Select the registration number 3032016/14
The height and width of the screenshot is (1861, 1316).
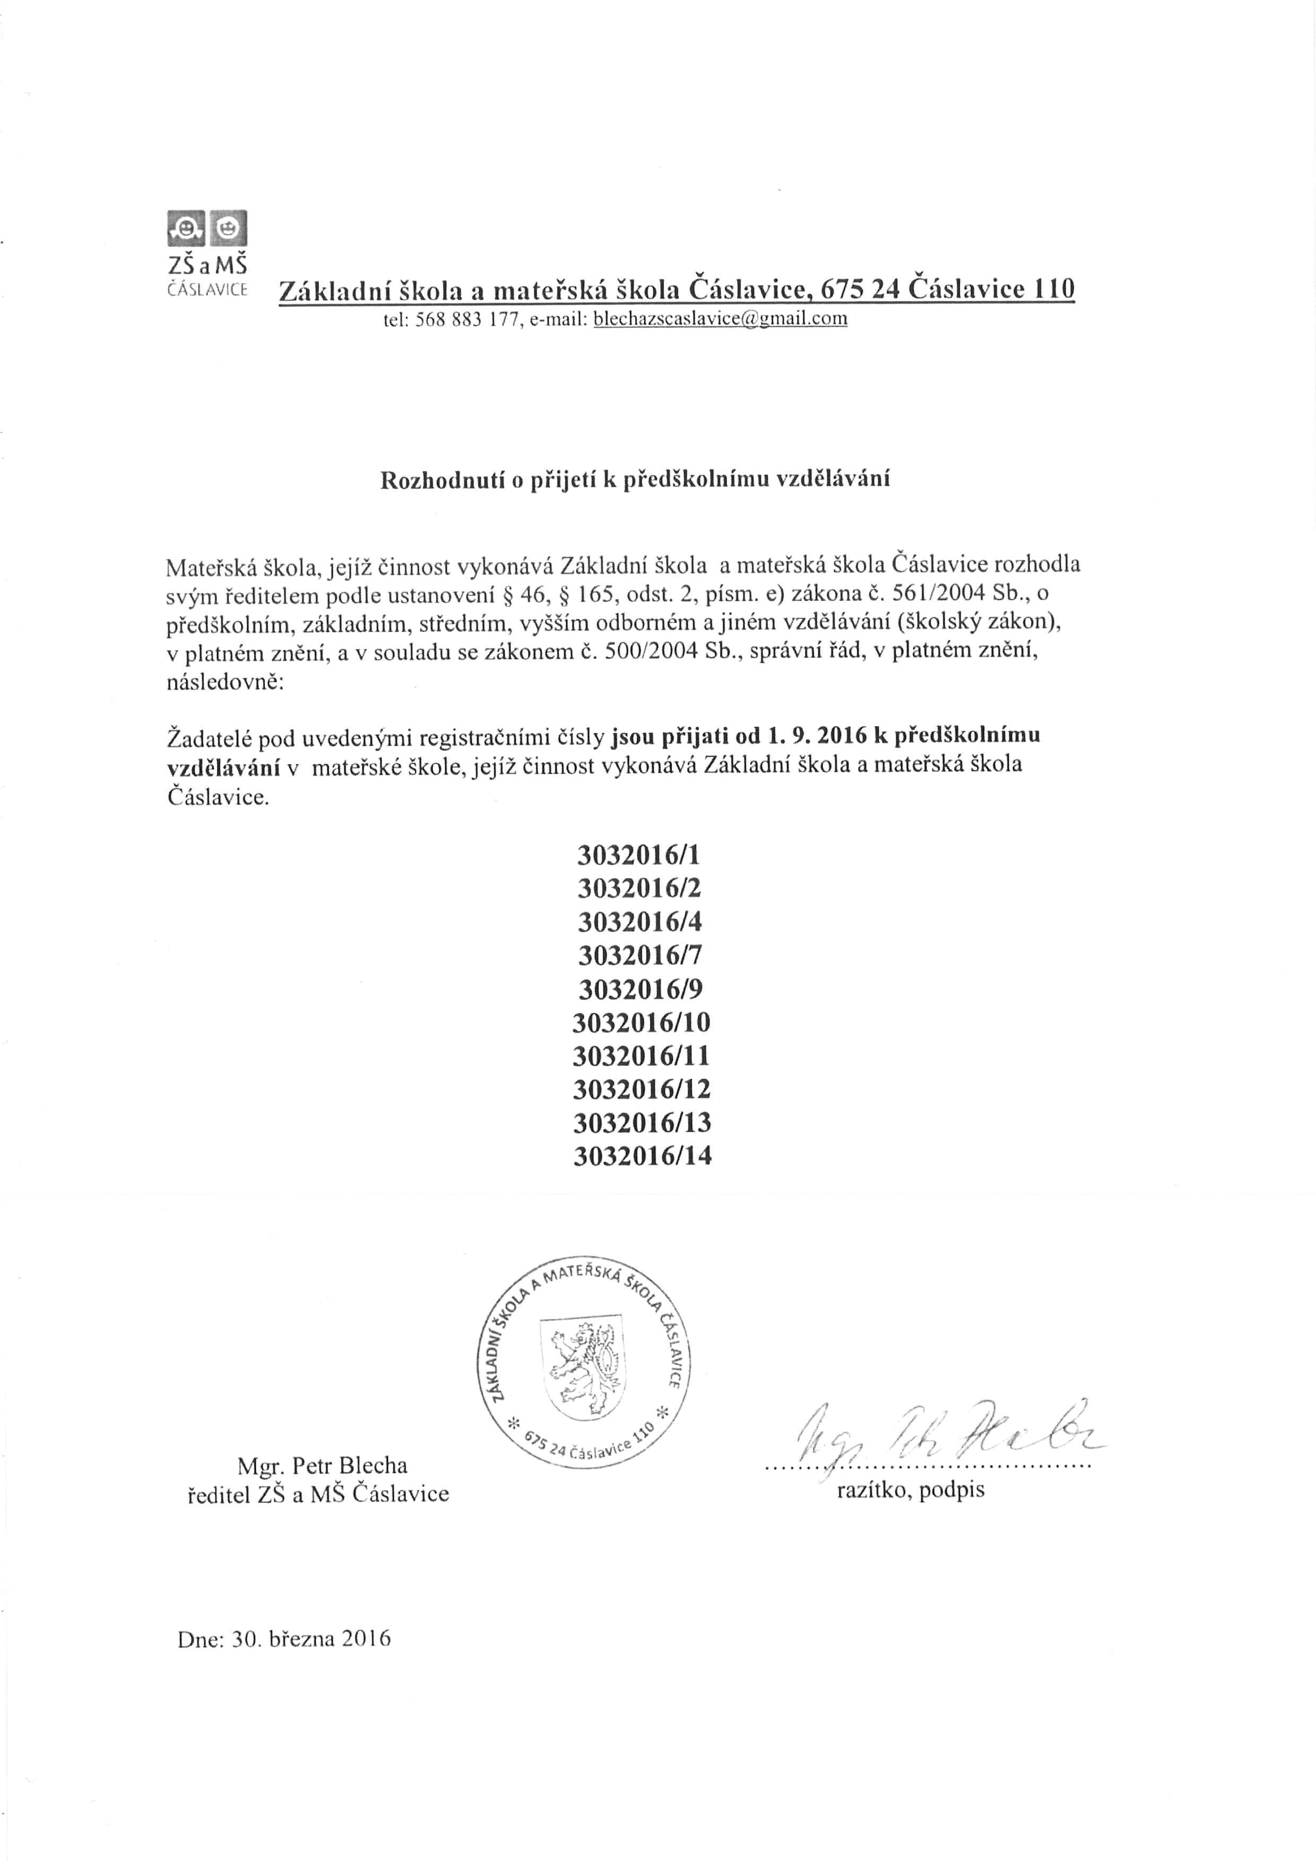coord(642,1156)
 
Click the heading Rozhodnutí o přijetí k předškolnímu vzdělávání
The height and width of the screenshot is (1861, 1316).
coord(635,479)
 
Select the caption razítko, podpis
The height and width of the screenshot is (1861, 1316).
coord(910,1490)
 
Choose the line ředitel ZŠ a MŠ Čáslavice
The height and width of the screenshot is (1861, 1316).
coord(318,1494)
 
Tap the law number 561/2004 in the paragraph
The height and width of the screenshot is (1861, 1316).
coord(938,593)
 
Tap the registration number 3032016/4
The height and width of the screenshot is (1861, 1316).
coord(639,922)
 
